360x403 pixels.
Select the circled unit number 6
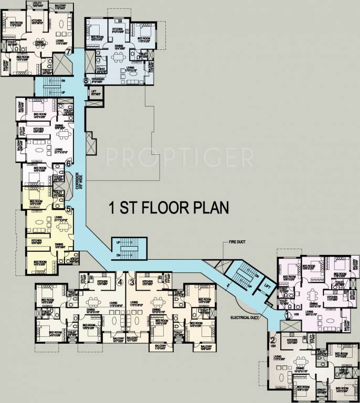[x=68, y=164]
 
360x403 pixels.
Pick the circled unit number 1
[x=288, y=315]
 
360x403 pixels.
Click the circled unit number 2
[x=272, y=339]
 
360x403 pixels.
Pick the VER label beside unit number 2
[x=272, y=346]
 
